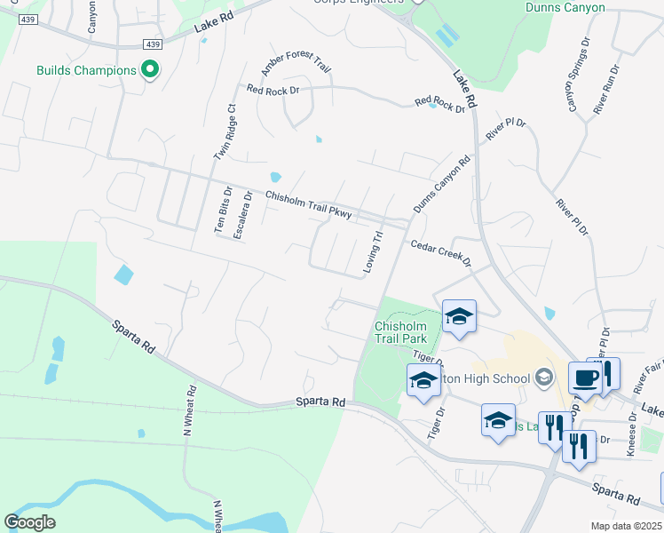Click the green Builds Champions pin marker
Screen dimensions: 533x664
[150, 69]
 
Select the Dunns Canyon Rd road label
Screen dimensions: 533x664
[440, 186]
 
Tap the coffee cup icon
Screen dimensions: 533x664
[585, 377]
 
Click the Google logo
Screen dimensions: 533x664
[29, 522]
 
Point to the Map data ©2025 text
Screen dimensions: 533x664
[626, 526]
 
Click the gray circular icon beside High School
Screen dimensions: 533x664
[545, 378]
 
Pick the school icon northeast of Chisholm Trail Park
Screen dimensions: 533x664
[459, 316]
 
